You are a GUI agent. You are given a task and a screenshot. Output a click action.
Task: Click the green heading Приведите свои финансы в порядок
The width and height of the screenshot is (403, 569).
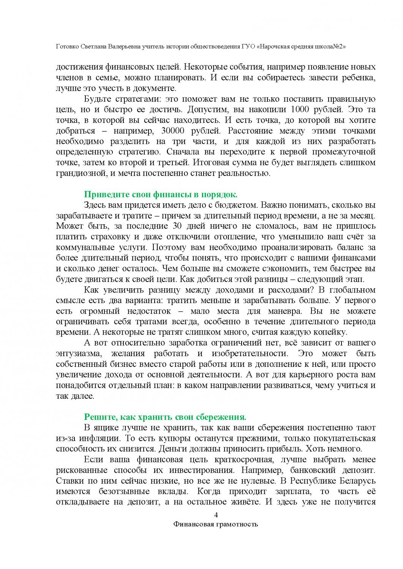click(x=160, y=195)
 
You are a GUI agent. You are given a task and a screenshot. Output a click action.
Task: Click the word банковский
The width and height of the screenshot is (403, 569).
click(x=298, y=470)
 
